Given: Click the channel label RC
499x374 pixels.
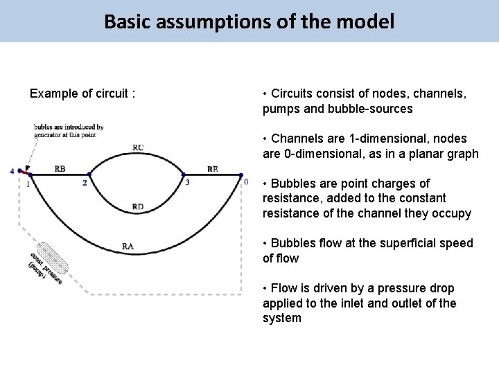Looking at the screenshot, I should click(x=139, y=147).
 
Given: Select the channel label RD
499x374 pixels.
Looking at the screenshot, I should click(x=138, y=206).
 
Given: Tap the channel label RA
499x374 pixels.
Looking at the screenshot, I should click(x=128, y=245).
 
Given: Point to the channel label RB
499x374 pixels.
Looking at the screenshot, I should click(x=60, y=168).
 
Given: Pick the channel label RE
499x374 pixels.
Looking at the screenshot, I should click(x=212, y=168).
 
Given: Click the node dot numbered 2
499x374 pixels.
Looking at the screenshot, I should click(x=88, y=175).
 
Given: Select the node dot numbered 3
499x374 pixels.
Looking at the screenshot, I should click(x=183, y=175).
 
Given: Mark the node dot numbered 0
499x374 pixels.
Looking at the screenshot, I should click(x=240, y=175).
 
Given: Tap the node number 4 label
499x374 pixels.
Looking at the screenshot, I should click(x=12, y=171).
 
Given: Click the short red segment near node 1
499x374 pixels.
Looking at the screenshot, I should click(x=26, y=171).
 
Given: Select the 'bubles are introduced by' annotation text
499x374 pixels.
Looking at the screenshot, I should click(x=69, y=127).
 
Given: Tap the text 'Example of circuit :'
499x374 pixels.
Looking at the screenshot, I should click(x=82, y=93).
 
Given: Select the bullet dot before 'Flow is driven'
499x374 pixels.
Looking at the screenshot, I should click(x=265, y=288).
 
